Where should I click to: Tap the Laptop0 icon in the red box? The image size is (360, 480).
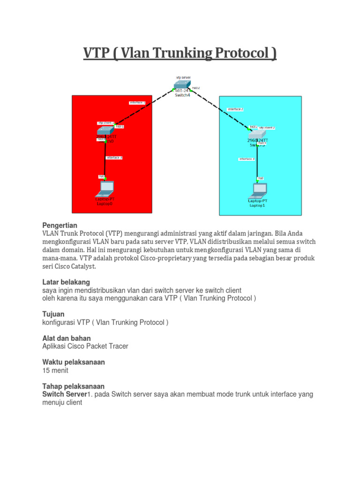[105, 188]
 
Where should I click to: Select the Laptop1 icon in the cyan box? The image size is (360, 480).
[257, 190]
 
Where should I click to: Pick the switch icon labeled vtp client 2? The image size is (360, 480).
[257, 133]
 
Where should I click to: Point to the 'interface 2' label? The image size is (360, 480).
[235, 109]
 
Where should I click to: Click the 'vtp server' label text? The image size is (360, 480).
[183, 77]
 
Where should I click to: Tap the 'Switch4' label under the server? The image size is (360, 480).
[182, 95]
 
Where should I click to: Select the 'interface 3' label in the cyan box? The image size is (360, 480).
[247, 159]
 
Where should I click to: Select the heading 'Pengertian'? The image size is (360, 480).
[60, 225]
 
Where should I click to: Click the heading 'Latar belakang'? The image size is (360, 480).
[66, 282]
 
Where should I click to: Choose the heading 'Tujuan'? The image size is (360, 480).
[53, 314]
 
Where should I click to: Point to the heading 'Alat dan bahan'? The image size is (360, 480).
[67, 338]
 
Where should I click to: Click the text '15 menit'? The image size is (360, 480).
[55, 370]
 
